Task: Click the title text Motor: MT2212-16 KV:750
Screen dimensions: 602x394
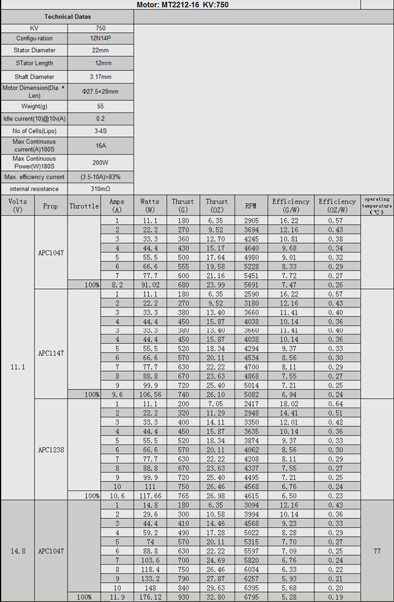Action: (x=182, y=5)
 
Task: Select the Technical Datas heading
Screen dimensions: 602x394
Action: (x=67, y=17)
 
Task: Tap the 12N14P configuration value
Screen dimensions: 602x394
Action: (x=101, y=39)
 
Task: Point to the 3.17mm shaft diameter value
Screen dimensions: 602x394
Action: (x=101, y=77)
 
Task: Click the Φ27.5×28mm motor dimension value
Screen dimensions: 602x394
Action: (x=101, y=92)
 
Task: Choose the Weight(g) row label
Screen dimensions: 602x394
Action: (x=34, y=106)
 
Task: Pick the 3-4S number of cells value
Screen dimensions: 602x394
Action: (x=101, y=131)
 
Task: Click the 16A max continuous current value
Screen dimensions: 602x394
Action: (x=101, y=145)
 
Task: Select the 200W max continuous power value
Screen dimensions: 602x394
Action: (x=101, y=163)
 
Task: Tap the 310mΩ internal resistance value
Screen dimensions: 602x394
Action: (x=101, y=189)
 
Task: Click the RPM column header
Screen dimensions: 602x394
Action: (x=251, y=206)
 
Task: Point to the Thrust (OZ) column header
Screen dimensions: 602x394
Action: (x=216, y=206)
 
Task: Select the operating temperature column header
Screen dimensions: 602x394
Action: (x=377, y=206)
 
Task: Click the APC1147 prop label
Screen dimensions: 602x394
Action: (x=51, y=353)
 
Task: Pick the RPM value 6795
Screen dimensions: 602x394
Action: (x=251, y=597)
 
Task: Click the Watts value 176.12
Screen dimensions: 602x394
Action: (x=150, y=597)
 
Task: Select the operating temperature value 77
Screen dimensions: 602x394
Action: (x=377, y=551)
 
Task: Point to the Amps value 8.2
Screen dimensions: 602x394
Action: (x=117, y=285)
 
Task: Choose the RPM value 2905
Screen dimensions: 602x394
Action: (x=251, y=221)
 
